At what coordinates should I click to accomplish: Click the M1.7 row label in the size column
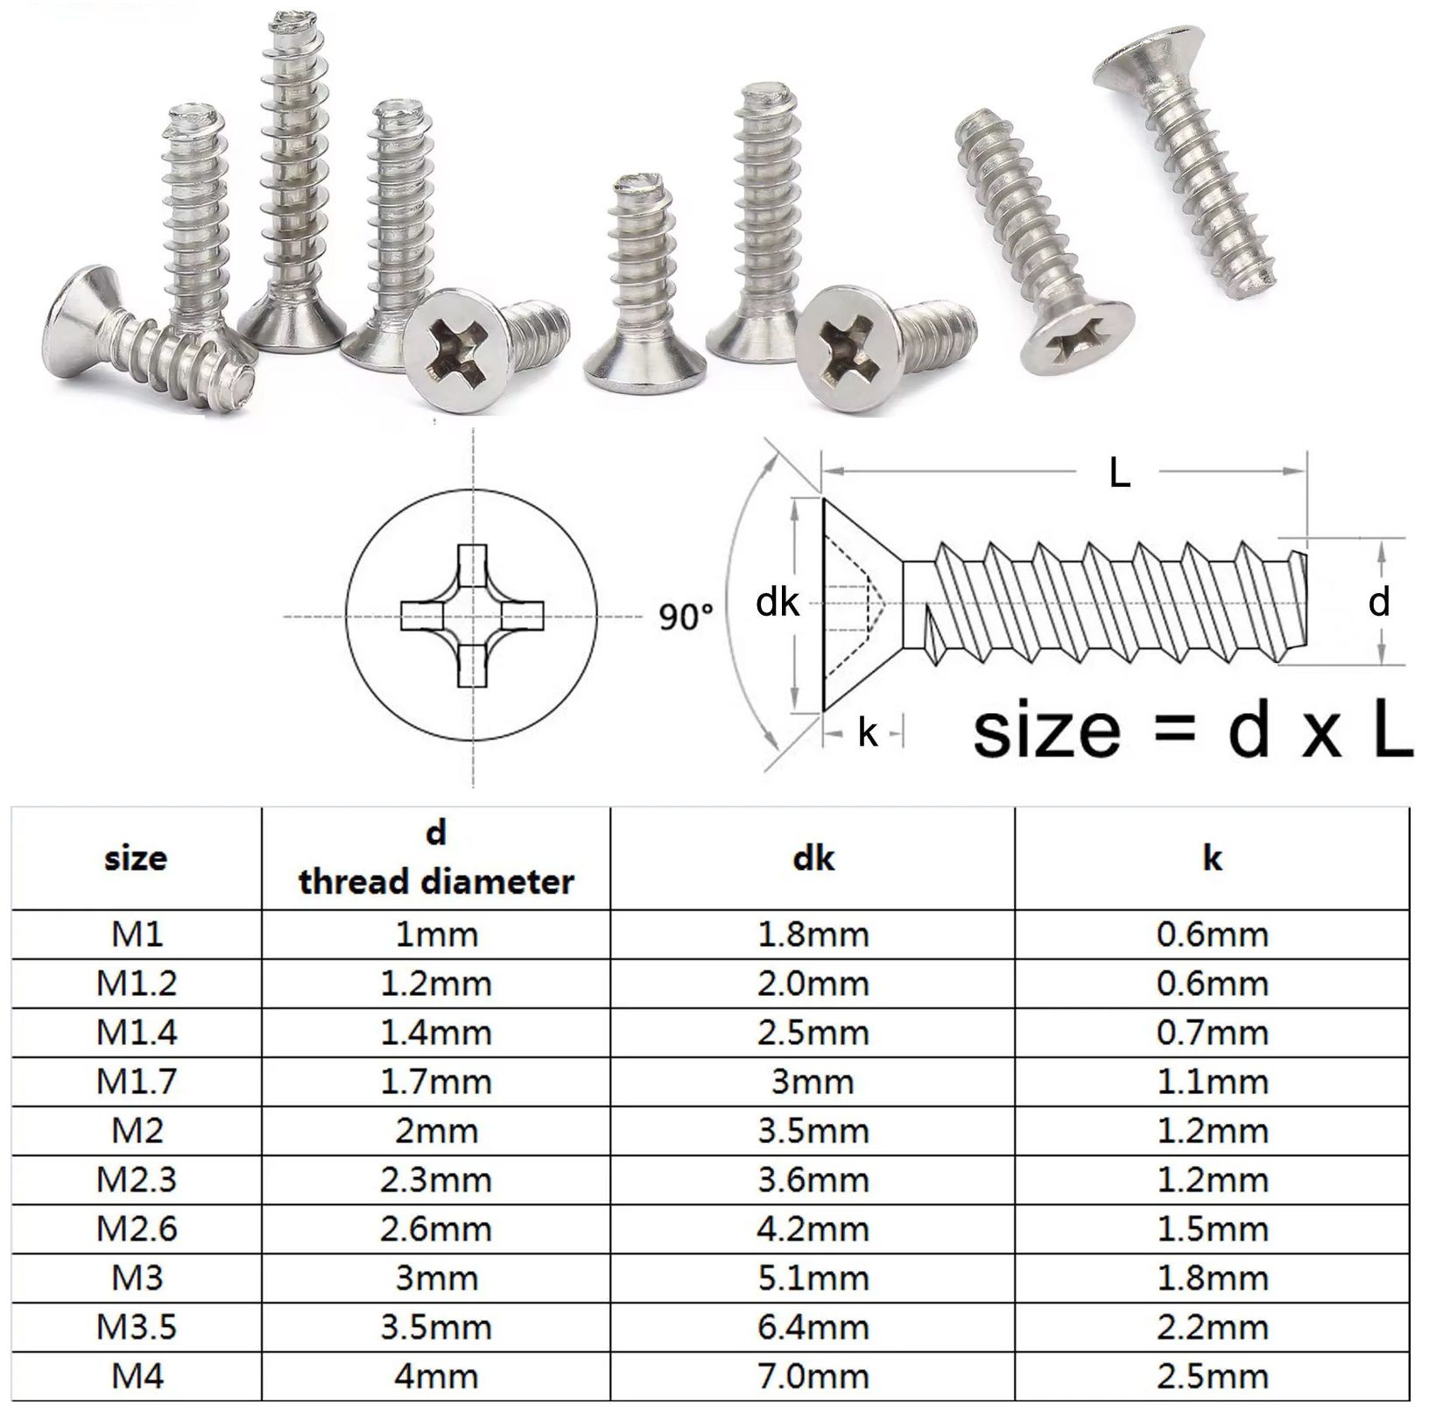pos(137,1082)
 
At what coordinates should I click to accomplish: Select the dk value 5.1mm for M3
pos(813,1278)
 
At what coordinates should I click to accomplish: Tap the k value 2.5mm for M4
pos(1212,1376)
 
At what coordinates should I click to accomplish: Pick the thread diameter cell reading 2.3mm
pos(435,1180)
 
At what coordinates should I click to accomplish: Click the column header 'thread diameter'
pos(435,879)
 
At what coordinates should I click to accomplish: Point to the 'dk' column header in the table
pos(813,858)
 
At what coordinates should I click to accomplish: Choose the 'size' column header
pos(136,858)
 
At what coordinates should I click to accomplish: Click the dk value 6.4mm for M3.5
pos(813,1327)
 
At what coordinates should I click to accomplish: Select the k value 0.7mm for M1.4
pos(1212,1033)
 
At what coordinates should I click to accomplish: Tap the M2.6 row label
pos(137,1229)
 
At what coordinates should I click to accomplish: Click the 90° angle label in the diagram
pos(686,617)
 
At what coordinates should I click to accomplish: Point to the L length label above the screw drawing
pos(1119,474)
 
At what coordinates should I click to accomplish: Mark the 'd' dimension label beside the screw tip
pos(1379,603)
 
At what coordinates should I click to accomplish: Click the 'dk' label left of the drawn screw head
pos(778,603)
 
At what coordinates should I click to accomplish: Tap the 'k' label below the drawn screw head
pos(867,733)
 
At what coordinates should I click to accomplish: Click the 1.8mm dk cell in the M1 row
pos(813,935)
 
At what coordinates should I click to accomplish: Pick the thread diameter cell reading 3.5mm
pos(435,1327)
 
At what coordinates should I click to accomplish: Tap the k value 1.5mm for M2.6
pos(1212,1229)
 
